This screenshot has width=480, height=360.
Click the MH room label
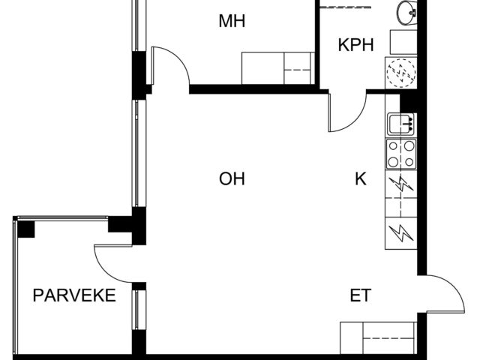232,21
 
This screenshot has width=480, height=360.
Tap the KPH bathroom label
355,45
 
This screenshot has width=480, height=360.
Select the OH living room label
232,178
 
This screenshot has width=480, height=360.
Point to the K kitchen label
361,178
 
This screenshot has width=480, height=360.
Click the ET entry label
361,295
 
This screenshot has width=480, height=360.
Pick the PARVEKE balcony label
74,295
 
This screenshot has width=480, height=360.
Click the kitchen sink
401,124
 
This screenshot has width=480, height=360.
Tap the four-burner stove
401,154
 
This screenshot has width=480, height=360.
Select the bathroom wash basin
406,12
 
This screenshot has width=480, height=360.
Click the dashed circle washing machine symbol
401,73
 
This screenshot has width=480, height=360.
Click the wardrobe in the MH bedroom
278,68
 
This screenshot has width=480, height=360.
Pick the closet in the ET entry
378,338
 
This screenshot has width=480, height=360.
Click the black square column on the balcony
25,229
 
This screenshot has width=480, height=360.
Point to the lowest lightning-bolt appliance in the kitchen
401,233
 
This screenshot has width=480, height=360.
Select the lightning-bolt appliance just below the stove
401,184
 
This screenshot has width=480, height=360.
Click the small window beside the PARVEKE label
139,310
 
